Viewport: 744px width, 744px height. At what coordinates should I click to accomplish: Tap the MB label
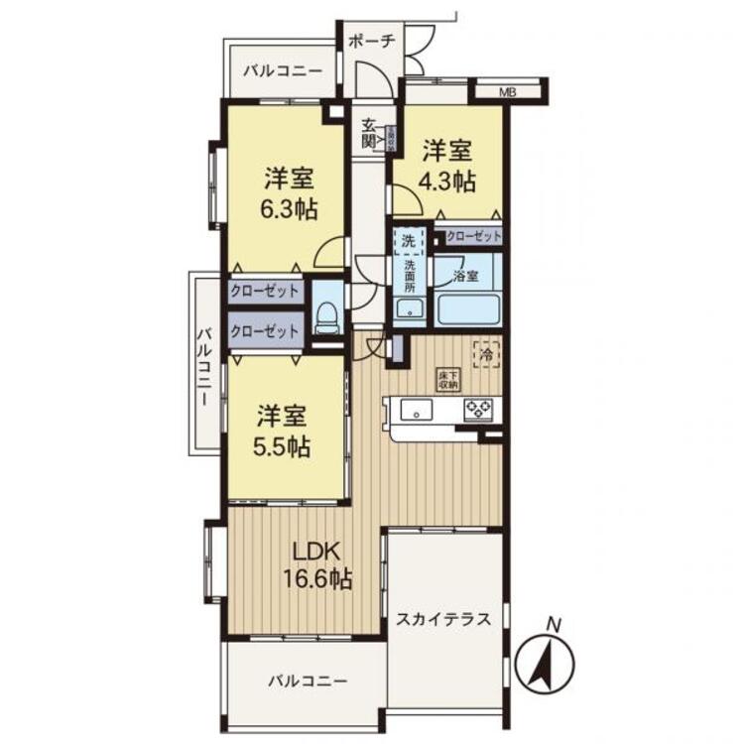pos(507,93)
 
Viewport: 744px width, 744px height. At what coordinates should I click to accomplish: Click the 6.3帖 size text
pos(288,209)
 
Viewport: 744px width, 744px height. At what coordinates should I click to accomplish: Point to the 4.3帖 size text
pos(448,182)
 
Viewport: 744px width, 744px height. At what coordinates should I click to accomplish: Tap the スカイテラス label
pos(443,620)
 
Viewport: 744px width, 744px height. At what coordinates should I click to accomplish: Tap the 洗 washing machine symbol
pos(408,240)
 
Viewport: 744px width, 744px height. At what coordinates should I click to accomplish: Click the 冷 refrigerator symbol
pos(486,352)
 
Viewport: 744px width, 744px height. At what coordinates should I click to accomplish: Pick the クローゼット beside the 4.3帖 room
pos(473,236)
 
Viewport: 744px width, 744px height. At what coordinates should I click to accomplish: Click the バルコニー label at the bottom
pos(308,682)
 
